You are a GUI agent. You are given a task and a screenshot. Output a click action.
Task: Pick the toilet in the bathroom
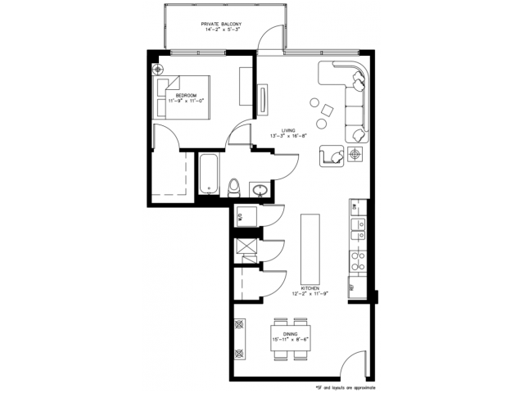(x=234, y=187)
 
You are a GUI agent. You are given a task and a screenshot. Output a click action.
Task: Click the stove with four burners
(x=357, y=260)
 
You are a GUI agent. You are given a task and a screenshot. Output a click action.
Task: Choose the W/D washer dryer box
(x=242, y=216)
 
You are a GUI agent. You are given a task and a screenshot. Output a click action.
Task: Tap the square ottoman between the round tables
(x=327, y=111)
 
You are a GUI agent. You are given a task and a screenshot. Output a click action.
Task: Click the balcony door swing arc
(x=265, y=39)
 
